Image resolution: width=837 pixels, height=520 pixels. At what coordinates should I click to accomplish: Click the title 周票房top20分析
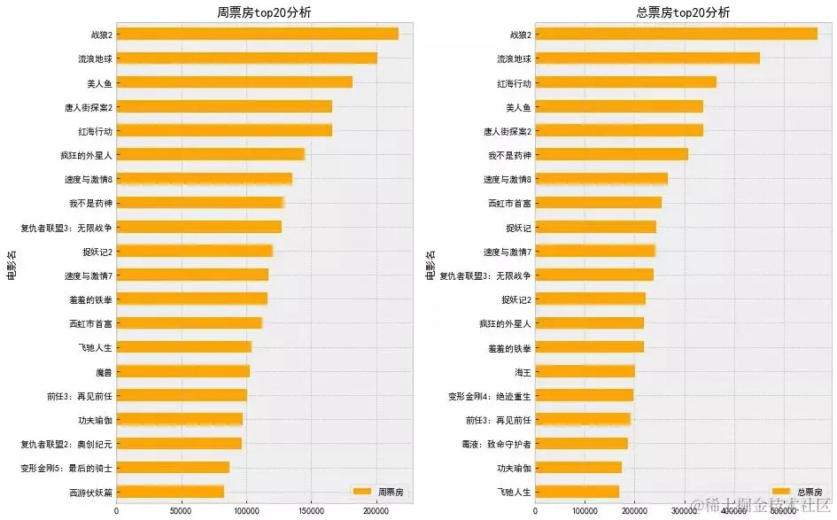[264, 12]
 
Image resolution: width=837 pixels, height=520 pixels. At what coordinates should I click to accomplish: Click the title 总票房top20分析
[684, 12]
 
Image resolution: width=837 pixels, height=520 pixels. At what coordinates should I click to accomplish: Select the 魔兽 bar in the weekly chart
[182, 371]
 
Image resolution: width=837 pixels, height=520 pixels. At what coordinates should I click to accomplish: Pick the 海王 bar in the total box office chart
[585, 371]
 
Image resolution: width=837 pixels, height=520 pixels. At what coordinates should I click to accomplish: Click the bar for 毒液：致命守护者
[581, 443]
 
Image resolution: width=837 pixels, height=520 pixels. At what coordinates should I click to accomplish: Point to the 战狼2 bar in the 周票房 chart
[257, 34]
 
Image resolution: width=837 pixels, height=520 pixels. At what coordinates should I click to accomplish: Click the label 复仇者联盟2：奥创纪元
[66, 443]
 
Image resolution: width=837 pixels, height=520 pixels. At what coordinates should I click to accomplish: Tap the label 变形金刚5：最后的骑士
[66, 468]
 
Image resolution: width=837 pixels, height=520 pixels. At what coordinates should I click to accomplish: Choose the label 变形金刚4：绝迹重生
[490, 395]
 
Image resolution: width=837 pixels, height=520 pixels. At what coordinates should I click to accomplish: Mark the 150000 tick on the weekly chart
[311, 510]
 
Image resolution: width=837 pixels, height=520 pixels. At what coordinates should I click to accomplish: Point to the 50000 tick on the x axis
[182, 510]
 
